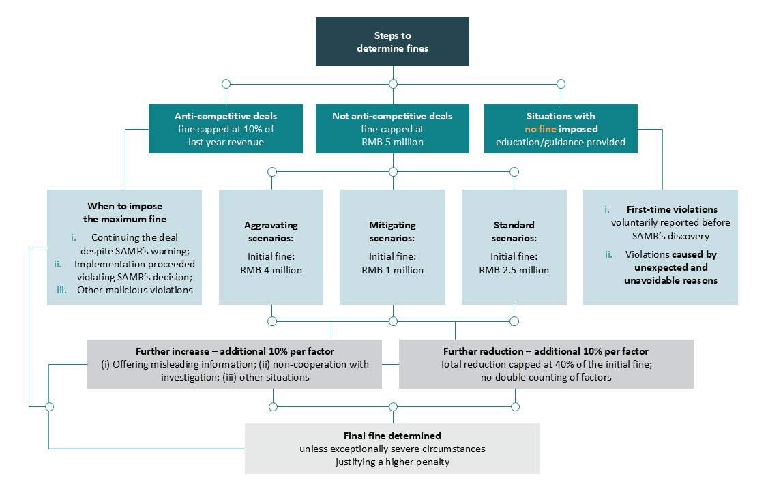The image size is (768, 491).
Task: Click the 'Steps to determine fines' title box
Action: [x=392, y=42]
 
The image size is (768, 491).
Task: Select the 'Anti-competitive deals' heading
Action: [x=226, y=116]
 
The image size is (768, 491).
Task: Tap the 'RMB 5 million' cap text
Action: [x=392, y=142]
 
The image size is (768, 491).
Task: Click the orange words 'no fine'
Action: [x=540, y=129]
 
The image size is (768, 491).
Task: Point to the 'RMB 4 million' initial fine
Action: [x=271, y=270]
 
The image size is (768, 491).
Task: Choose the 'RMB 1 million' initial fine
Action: [x=392, y=270]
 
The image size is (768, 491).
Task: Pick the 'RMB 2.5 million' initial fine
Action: [x=514, y=270]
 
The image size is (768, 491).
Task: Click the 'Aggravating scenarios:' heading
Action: [x=271, y=232]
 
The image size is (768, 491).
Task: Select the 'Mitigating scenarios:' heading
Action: [x=392, y=232]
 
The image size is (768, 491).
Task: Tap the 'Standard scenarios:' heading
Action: [x=514, y=232]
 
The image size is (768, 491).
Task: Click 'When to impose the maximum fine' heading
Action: [x=124, y=213]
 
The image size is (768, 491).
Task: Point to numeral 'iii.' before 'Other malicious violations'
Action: [x=61, y=290]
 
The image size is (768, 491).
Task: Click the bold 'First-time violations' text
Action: [x=672, y=209]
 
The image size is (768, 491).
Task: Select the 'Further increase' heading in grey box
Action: [x=172, y=351]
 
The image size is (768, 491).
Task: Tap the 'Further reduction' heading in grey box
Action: [x=483, y=351]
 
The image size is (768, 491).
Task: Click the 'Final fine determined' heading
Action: [x=392, y=436]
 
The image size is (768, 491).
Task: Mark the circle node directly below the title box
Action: [x=393, y=84]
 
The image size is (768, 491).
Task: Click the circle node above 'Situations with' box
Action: [x=561, y=84]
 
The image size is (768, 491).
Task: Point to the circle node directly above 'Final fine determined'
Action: [x=393, y=407]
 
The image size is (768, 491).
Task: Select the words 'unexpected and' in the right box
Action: [x=671, y=267]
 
